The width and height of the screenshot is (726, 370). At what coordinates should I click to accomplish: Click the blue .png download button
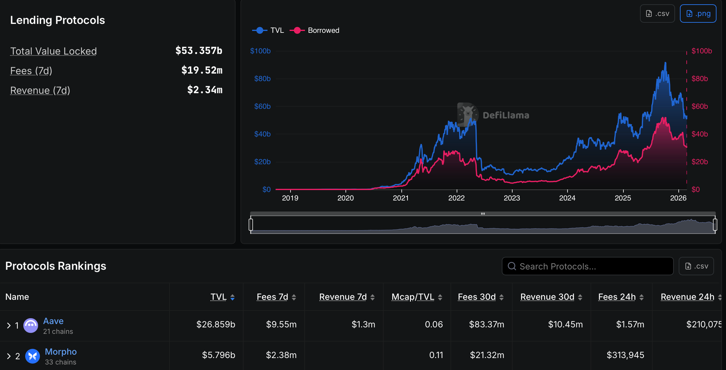tap(698, 13)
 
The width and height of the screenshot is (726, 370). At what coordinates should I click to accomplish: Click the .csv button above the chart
tap(657, 13)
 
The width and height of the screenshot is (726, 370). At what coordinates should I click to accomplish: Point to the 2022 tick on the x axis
tap(456, 198)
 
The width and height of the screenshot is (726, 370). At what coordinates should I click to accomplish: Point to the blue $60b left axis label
tap(262, 106)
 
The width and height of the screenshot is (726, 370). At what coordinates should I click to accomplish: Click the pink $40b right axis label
tap(700, 134)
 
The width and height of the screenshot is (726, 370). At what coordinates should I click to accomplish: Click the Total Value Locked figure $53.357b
tap(199, 51)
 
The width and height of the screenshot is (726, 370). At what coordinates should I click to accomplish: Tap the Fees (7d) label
tap(31, 71)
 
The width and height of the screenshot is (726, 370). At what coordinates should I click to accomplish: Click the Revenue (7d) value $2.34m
tap(205, 90)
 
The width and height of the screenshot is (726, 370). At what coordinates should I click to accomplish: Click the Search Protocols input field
tap(587, 266)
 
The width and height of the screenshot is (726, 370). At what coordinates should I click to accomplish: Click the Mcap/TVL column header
tap(413, 297)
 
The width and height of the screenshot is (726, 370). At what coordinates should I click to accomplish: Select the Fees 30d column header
tap(477, 297)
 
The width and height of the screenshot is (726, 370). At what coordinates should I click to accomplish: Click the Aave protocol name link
tap(53, 321)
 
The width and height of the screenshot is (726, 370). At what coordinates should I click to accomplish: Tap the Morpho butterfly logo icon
tap(32, 356)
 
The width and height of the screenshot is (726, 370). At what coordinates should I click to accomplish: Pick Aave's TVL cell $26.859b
tap(216, 324)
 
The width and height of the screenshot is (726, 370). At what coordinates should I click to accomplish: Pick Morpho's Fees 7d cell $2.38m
tap(281, 355)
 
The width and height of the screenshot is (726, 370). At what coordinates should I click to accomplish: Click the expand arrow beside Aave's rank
tap(9, 325)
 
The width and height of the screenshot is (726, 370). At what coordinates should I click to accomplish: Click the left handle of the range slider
tap(251, 224)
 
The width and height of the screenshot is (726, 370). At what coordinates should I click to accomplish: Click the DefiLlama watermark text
tap(506, 115)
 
